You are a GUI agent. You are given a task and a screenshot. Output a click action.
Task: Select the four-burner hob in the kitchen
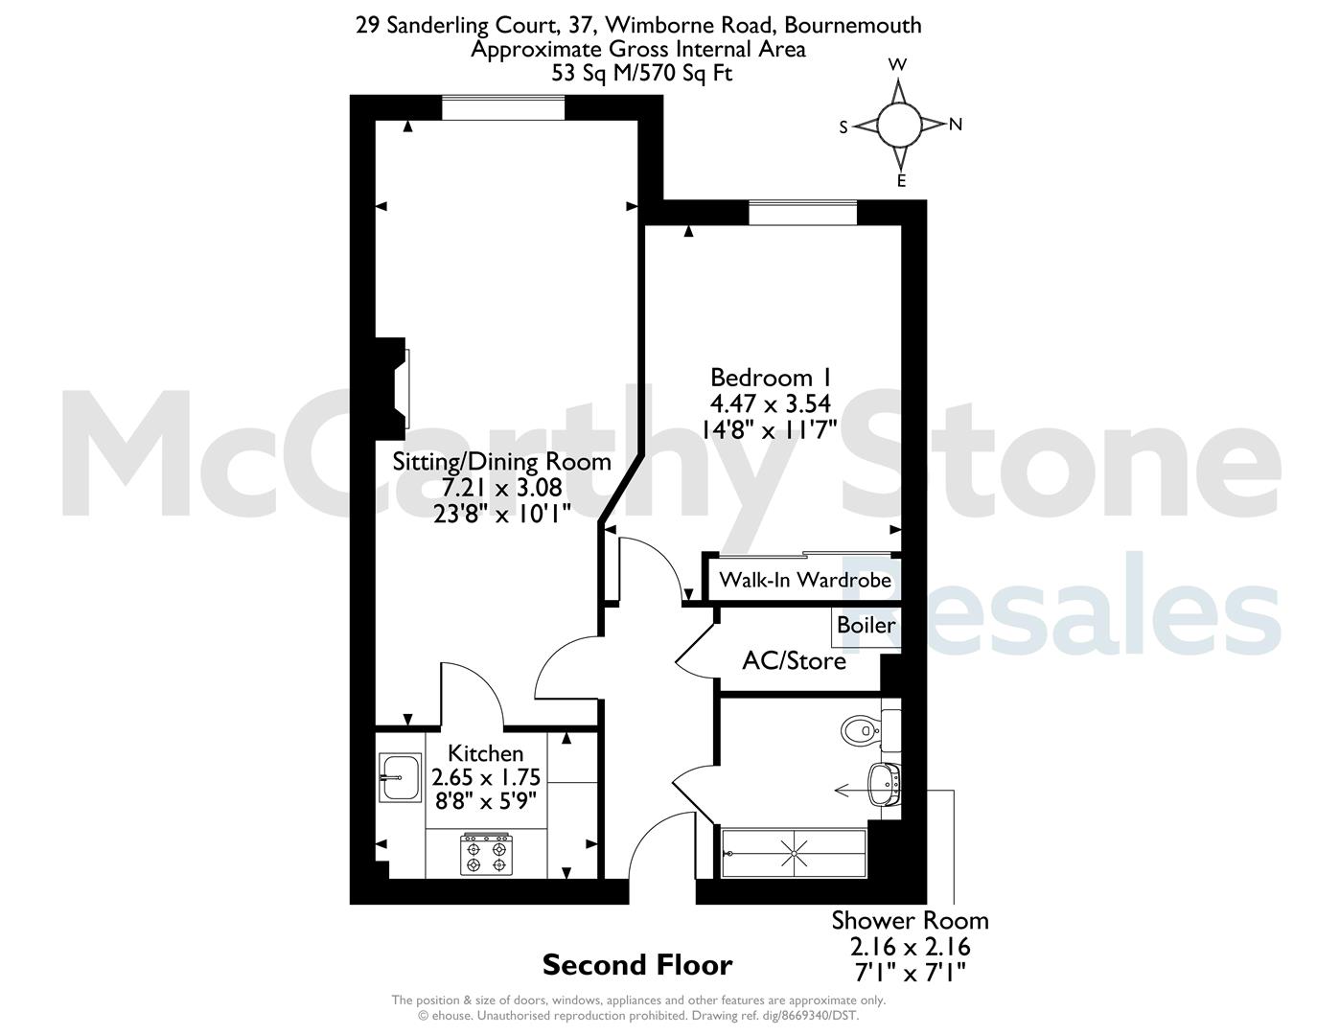click(486, 854)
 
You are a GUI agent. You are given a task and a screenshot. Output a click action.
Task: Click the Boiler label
click(866, 626)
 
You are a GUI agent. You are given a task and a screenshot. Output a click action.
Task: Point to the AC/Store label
click(795, 661)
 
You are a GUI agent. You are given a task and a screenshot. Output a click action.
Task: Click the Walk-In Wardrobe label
click(805, 580)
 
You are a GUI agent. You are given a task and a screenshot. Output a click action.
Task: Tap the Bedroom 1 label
click(771, 378)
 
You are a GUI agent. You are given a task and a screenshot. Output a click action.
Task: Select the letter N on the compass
click(956, 126)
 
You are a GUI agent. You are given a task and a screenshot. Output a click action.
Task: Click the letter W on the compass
click(897, 65)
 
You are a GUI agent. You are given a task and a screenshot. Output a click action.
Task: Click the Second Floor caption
click(637, 965)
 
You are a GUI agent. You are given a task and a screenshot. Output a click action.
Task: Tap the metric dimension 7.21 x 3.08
click(502, 488)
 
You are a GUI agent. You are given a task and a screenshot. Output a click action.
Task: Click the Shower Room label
click(911, 920)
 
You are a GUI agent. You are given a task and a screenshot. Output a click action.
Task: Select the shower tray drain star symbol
click(795, 853)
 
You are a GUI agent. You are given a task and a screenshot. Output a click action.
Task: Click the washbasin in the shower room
click(885, 785)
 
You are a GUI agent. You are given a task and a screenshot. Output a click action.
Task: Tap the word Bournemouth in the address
click(853, 25)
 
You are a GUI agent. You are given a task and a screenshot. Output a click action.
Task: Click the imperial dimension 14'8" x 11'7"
click(769, 429)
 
